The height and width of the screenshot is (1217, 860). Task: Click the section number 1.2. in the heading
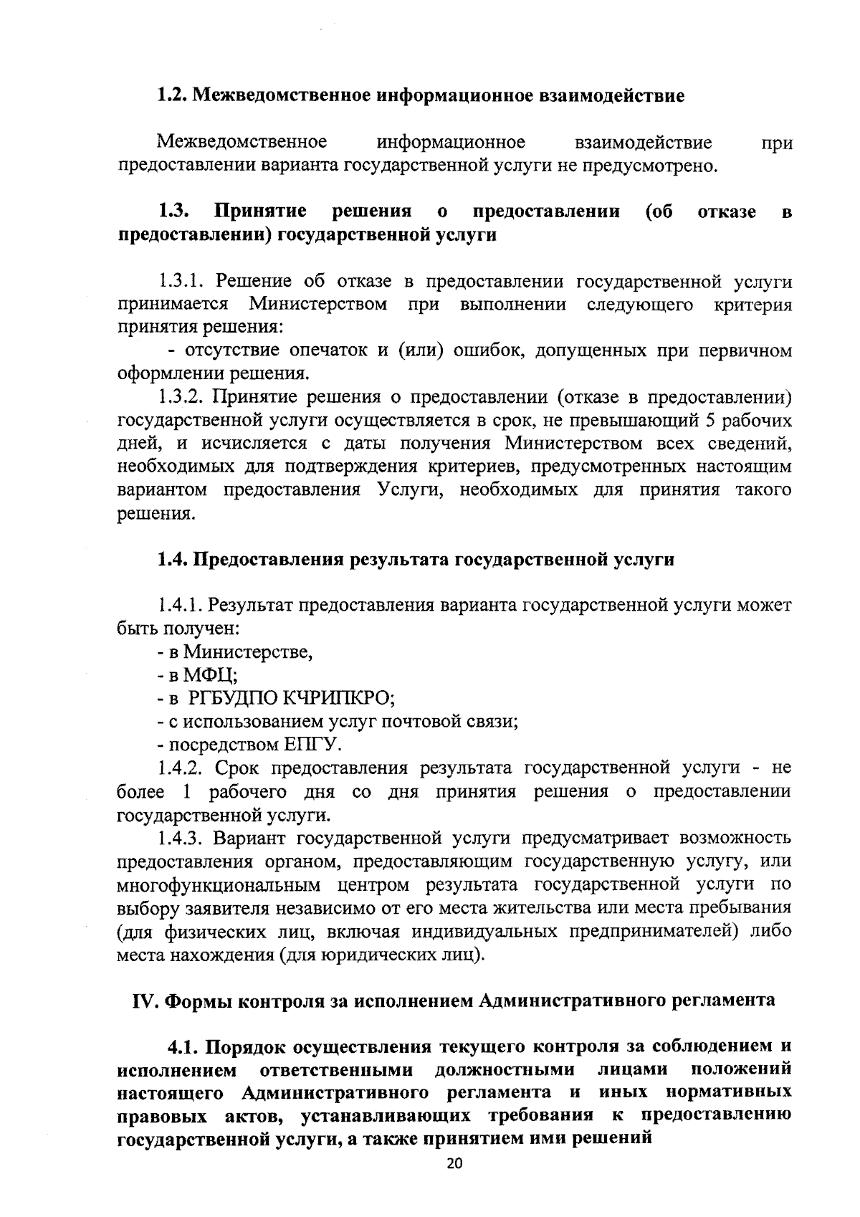pos(173,95)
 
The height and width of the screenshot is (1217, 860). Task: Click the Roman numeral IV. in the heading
pos(146,1001)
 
